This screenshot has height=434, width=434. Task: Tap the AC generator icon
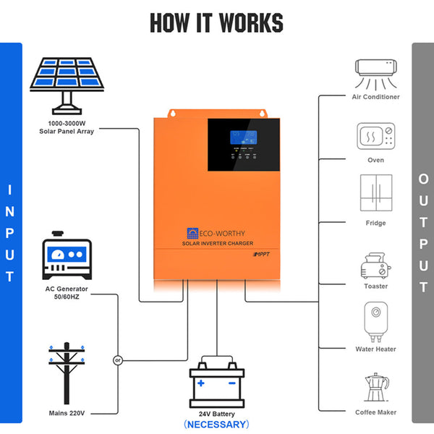coord(66,257)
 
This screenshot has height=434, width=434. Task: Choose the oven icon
coord(376,135)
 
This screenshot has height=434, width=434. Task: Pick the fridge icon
coord(376,193)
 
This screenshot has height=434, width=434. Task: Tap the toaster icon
coord(375,265)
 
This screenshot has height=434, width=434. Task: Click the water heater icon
coord(376,322)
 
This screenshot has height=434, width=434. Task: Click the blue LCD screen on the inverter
coord(239,139)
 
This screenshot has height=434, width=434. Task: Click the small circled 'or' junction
coord(117,359)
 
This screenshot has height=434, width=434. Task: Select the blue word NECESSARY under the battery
coord(216,424)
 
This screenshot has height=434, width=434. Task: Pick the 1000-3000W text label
coord(67,124)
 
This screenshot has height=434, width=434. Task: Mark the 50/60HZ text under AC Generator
coord(66,297)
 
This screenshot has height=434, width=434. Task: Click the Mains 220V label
coord(66,413)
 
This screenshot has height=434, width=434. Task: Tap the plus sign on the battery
coord(201,383)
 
